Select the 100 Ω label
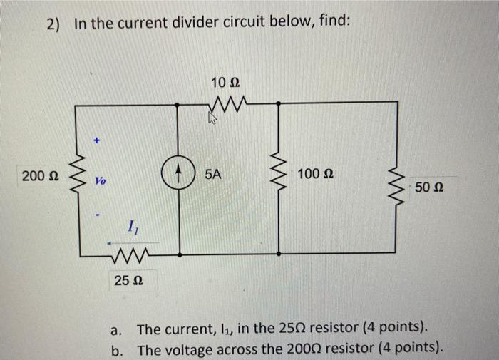[317, 174]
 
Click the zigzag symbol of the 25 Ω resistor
[130, 255]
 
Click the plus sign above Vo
[99, 142]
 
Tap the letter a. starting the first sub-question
[117, 329]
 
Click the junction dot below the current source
[178, 253]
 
